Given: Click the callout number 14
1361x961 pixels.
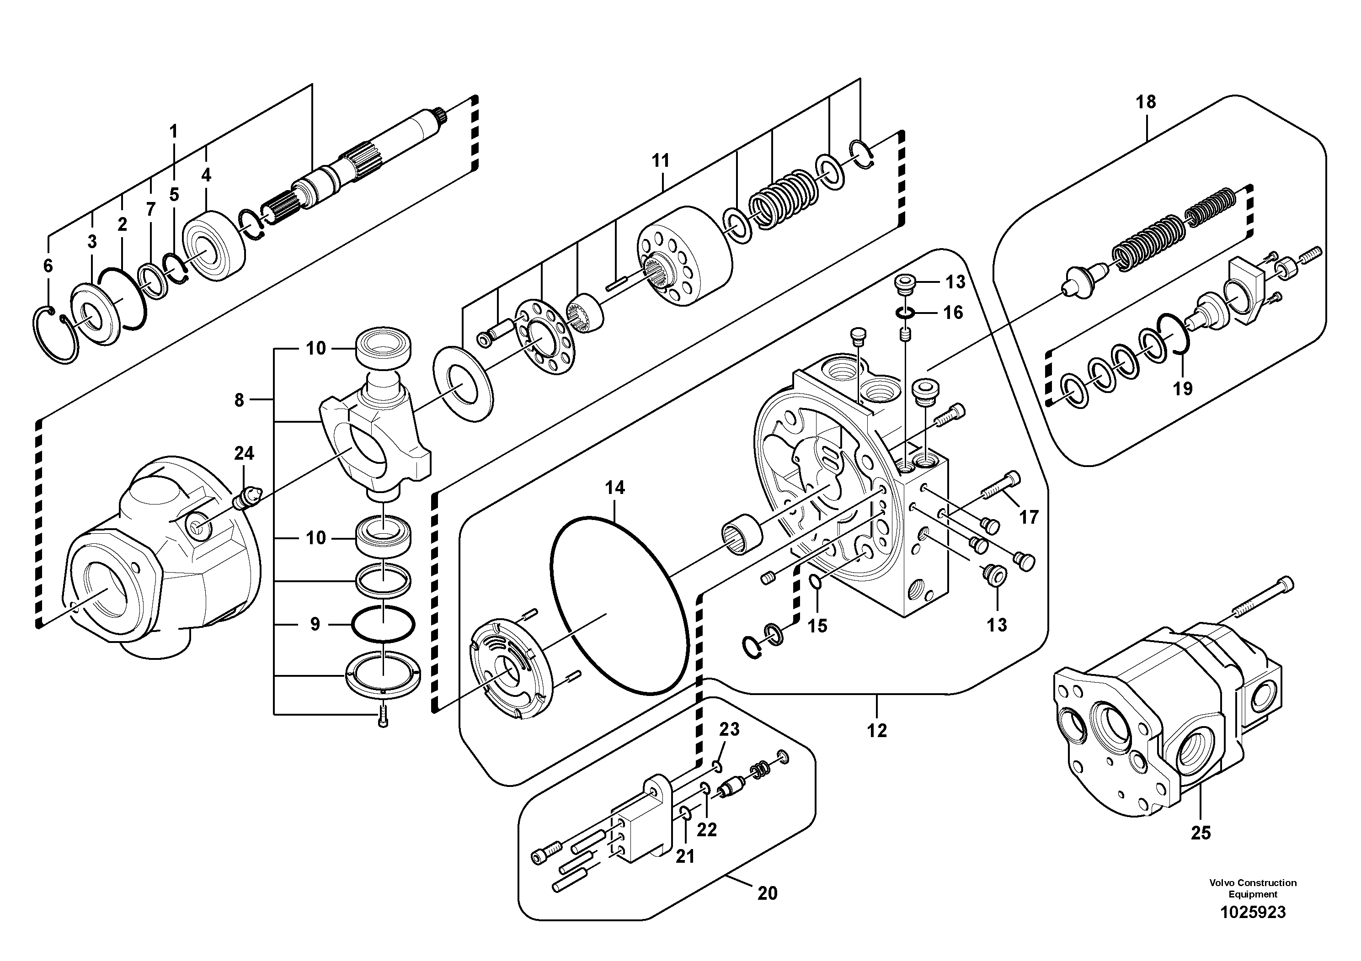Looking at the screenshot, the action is tap(615, 488).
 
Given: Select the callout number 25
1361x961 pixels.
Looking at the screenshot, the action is tap(1201, 833).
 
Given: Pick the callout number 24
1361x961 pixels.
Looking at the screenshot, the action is tap(244, 453).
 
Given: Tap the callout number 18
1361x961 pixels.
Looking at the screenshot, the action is tap(1146, 102).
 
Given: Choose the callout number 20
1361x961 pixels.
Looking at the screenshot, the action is tap(767, 893).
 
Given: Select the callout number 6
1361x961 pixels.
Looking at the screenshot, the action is tap(48, 265).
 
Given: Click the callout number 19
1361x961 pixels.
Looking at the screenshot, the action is tap(1183, 389).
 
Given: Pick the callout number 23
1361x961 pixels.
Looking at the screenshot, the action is tap(729, 729).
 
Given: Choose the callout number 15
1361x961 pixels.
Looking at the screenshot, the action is tap(817, 626).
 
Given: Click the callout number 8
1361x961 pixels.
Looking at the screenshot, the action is tap(239, 400).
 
